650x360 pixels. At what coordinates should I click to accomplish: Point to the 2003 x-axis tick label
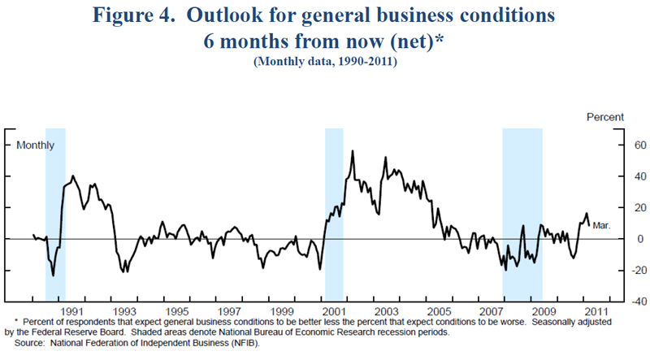[x=385, y=311]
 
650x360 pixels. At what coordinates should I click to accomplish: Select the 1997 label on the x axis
[x=228, y=311]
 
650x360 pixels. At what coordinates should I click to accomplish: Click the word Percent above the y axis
[x=605, y=117]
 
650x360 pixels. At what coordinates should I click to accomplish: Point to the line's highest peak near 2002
[x=352, y=151]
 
